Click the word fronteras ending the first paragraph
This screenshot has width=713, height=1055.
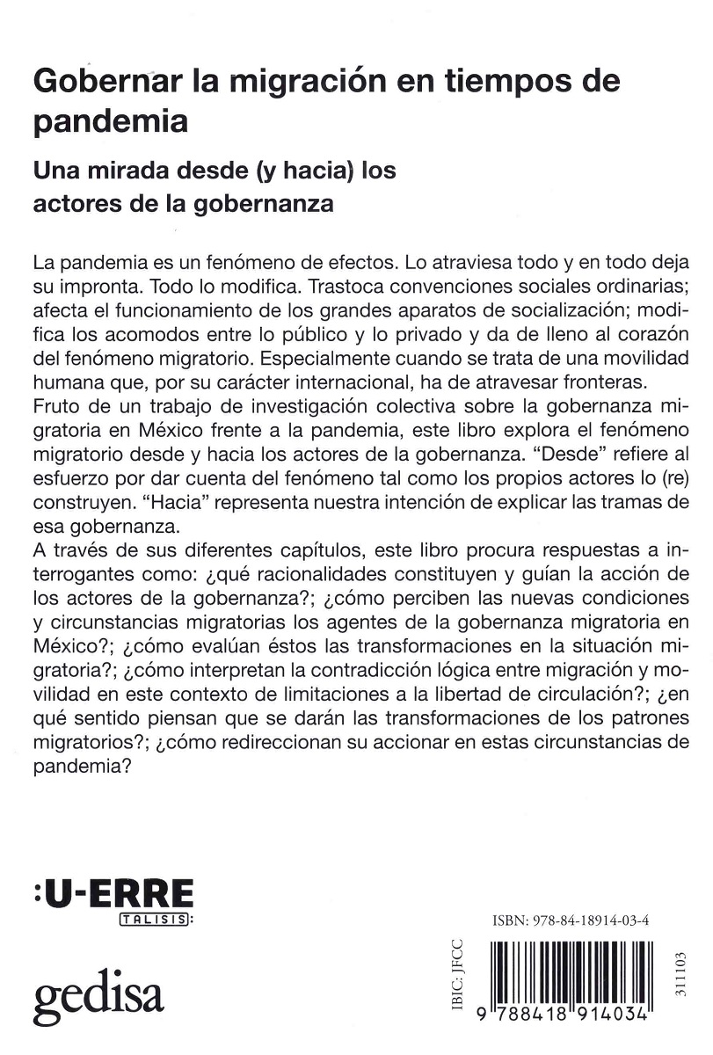point(581,383)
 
